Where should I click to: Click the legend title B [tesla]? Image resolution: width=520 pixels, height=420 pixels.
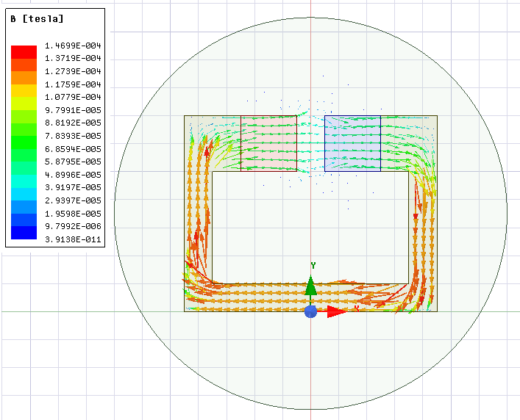coord(37,19)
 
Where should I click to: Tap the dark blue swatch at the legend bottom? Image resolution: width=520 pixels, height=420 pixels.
coord(24,233)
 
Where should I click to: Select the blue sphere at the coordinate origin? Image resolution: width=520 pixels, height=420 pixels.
coord(310,311)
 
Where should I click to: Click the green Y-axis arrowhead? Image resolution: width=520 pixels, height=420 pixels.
coord(311,286)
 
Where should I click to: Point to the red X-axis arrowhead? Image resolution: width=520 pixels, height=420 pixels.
coord(337,311)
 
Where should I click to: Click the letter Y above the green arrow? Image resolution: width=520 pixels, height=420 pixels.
coord(313,265)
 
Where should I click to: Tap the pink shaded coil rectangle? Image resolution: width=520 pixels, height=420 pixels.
coord(269,143)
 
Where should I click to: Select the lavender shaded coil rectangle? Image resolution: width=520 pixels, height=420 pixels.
coord(352,143)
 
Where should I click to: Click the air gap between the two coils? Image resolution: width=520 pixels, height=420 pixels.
coord(311,143)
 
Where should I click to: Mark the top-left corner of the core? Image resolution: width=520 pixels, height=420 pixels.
coord(185,116)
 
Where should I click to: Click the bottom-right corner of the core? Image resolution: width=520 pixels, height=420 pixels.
coord(437,311)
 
